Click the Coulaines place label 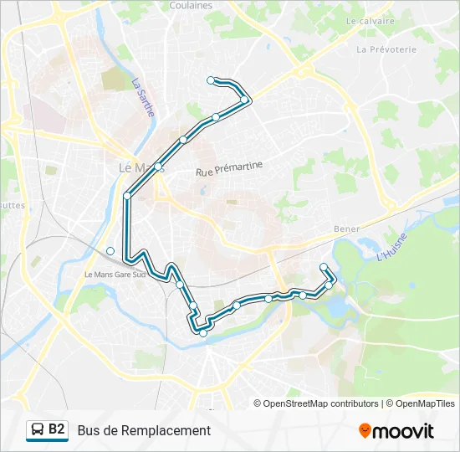click(190, 5)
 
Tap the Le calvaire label click(369, 20)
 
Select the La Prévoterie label click(386, 49)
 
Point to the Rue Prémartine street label click(229, 168)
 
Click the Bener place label click(346, 229)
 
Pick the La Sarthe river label click(142, 97)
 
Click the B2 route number click(57, 429)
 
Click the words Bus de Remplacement click(144, 430)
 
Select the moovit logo click(396, 431)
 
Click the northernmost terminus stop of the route click(211, 80)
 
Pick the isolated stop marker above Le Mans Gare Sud click(110, 250)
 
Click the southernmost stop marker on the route click(202, 333)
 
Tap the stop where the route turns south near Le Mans click(127, 196)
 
